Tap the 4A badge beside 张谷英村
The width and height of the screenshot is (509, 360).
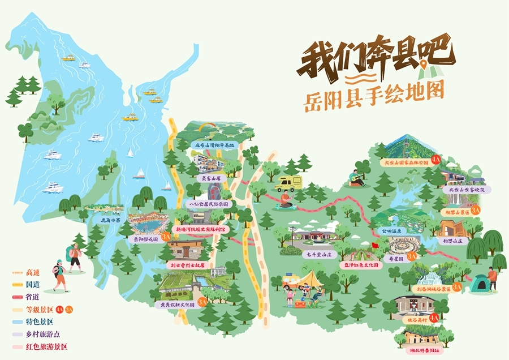[x=434, y=318]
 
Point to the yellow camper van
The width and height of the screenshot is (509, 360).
[x=288, y=183]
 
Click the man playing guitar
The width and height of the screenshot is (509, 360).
[x=354, y=177]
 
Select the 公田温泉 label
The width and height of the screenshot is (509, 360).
[x=390, y=231]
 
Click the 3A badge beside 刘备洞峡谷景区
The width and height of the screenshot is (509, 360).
[x=457, y=288]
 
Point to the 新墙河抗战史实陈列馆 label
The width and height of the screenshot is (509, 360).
[x=202, y=229]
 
